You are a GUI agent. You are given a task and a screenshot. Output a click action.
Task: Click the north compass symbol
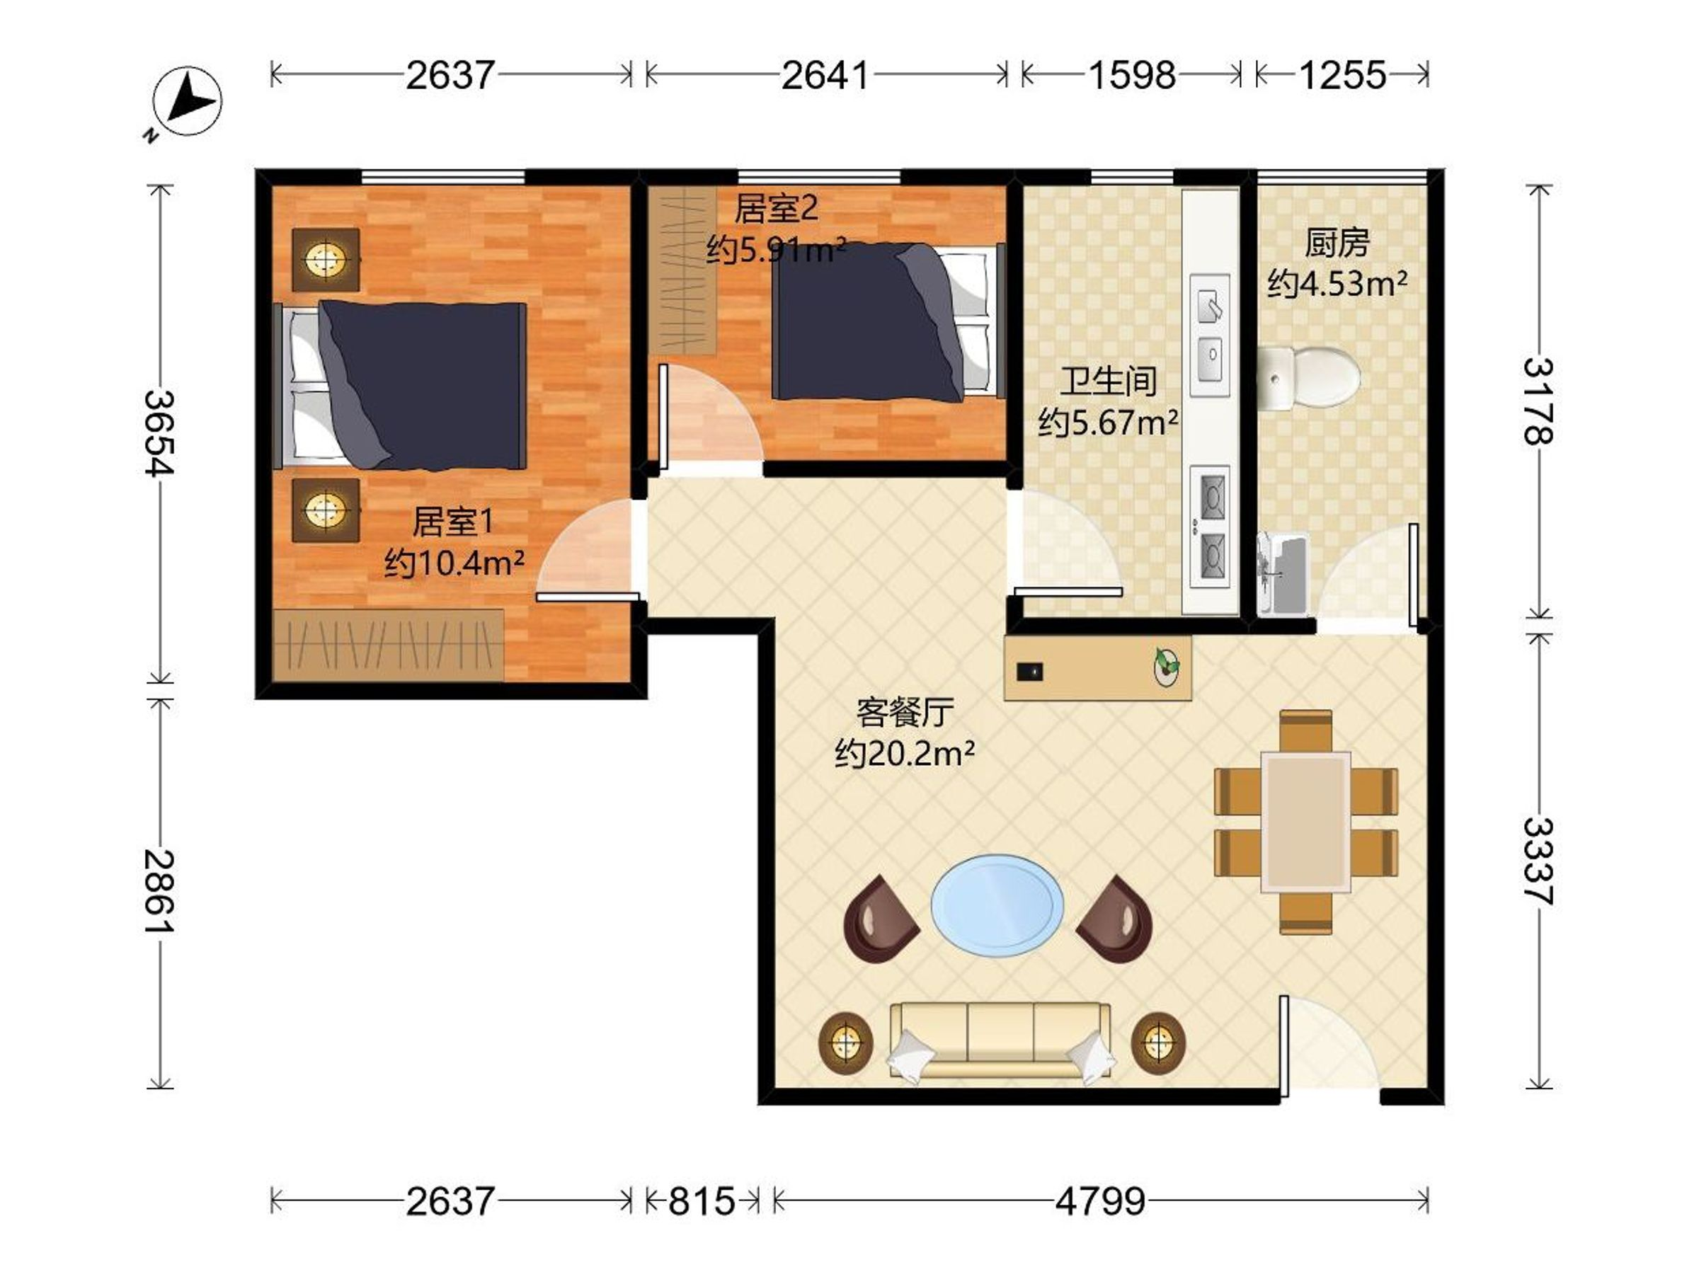(x=187, y=102)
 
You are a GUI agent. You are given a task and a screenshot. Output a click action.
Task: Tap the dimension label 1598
(x=1131, y=75)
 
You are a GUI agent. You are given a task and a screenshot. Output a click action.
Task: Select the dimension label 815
(x=702, y=1201)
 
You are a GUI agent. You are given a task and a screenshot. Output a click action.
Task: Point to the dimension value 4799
(x=1100, y=1201)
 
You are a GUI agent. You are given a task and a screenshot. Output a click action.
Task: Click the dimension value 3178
(x=1538, y=401)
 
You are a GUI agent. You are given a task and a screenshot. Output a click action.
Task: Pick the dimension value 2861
(x=160, y=892)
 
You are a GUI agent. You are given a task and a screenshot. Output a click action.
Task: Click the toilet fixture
(x=1309, y=378)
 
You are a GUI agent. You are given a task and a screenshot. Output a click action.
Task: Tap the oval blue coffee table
(x=997, y=905)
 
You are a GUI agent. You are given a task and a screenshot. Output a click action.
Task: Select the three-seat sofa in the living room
(x=1000, y=1041)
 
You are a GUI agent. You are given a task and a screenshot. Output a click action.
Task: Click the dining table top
(x=1305, y=822)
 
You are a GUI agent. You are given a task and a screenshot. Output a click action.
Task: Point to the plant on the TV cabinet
(x=1167, y=665)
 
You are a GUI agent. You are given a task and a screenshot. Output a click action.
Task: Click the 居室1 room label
(x=452, y=522)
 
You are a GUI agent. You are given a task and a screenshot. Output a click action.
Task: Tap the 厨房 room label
(x=1337, y=243)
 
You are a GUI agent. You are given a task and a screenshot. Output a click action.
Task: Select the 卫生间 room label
(x=1109, y=381)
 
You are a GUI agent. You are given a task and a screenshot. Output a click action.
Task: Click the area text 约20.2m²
(x=905, y=754)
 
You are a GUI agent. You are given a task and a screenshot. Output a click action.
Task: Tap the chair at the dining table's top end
(x=1305, y=731)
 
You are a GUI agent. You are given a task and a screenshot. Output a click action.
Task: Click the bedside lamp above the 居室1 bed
(x=326, y=260)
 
